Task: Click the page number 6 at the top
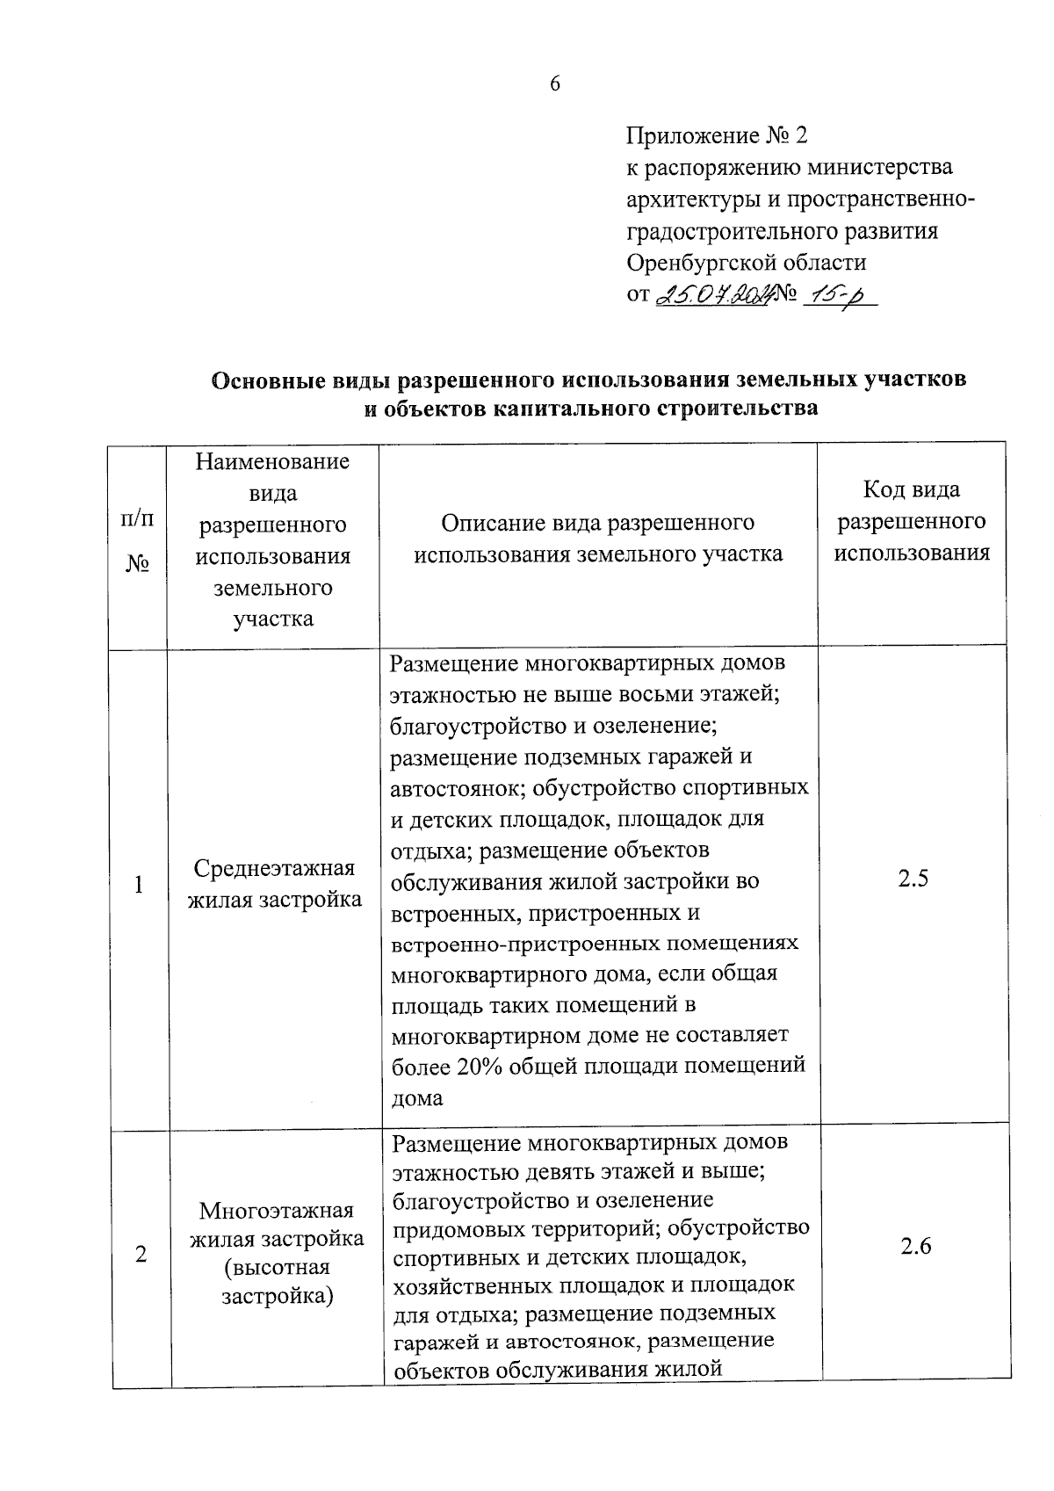[554, 84]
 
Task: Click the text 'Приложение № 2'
[716, 136]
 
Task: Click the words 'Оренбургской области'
[746, 263]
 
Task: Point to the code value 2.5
[913, 879]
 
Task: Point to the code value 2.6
[915, 1246]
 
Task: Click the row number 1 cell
[139, 885]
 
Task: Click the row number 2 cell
[141, 1255]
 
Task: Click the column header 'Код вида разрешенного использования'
[912, 521]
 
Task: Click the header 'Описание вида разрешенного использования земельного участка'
[598, 539]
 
